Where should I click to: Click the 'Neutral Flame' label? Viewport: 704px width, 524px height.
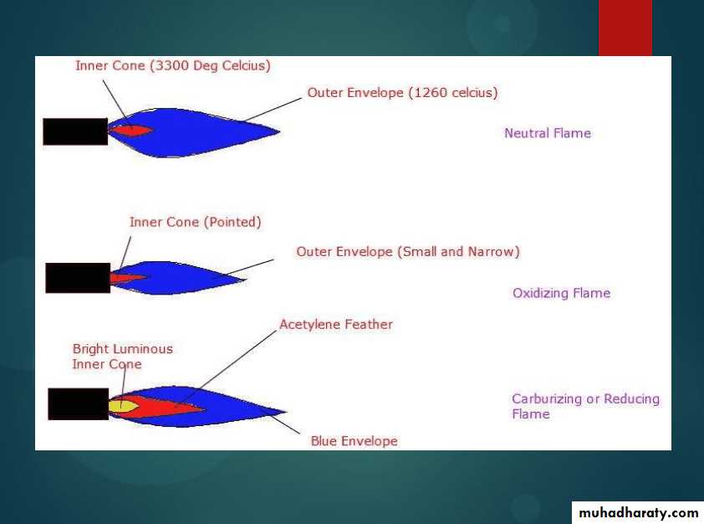(x=548, y=133)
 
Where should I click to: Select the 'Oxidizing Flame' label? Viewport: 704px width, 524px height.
(x=561, y=293)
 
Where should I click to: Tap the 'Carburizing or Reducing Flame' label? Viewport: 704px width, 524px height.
(x=585, y=406)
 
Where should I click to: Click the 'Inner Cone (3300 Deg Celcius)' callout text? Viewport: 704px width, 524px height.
(x=173, y=65)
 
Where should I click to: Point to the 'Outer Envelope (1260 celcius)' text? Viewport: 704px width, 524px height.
(x=402, y=93)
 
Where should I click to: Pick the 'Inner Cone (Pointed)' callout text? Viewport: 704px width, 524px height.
(x=196, y=222)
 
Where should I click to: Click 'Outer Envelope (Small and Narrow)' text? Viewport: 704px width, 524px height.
(x=408, y=252)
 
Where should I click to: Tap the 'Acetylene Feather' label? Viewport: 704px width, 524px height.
(x=336, y=324)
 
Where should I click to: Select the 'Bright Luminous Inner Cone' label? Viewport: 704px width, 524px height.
(x=123, y=357)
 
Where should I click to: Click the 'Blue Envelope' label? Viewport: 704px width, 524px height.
(x=355, y=441)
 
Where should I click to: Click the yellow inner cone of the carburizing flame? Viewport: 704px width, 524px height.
(x=122, y=406)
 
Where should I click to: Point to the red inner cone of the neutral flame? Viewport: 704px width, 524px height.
(x=131, y=131)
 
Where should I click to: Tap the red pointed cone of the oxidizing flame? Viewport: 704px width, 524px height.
(x=128, y=278)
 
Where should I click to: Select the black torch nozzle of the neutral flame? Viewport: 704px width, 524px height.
(x=75, y=131)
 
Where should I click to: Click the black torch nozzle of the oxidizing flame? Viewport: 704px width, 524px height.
(x=78, y=278)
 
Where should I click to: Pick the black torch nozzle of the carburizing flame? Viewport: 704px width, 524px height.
(x=79, y=404)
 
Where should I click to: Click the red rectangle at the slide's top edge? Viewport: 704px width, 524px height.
(x=625, y=28)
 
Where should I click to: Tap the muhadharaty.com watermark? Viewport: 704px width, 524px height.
(x=639, y=513)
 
